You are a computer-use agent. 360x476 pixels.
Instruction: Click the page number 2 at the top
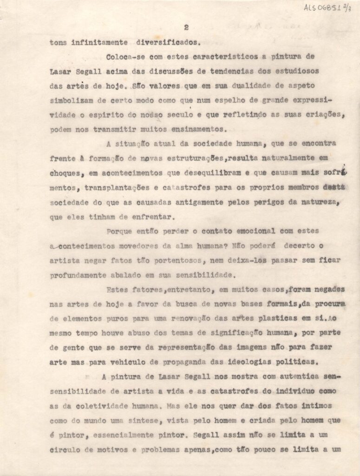pos(186,27)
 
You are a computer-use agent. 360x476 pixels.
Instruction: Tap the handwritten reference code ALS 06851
pos(321,7)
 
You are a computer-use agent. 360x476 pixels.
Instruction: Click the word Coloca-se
pos(124,56)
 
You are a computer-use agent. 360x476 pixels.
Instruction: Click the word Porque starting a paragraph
pos(119,231)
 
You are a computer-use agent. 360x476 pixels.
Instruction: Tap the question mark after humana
pos(239,246)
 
